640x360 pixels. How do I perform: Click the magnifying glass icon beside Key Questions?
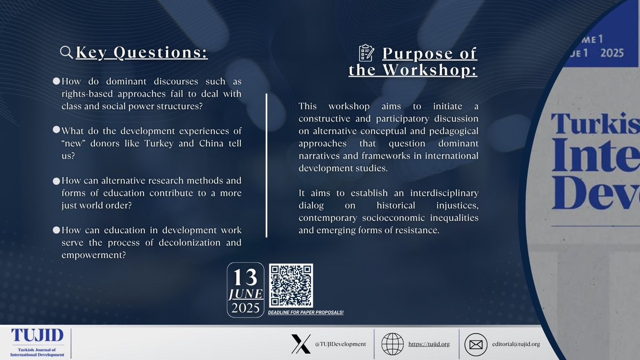(66, 52)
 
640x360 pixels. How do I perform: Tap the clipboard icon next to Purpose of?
(366, 53)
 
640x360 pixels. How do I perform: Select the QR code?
(291, 285)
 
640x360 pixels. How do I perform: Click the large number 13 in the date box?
(245, 277)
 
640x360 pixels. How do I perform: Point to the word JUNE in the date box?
(245, 294)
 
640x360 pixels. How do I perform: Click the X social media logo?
(301, 344)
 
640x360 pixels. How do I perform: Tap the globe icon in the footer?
(393, 344)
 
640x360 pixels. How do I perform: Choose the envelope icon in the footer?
(476, 344)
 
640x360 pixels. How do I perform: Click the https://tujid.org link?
(429, 344)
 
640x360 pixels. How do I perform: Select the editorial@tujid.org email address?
(516, 344)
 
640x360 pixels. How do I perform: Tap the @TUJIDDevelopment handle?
(340, 344)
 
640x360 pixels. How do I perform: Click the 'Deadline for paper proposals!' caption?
(306, 313)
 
